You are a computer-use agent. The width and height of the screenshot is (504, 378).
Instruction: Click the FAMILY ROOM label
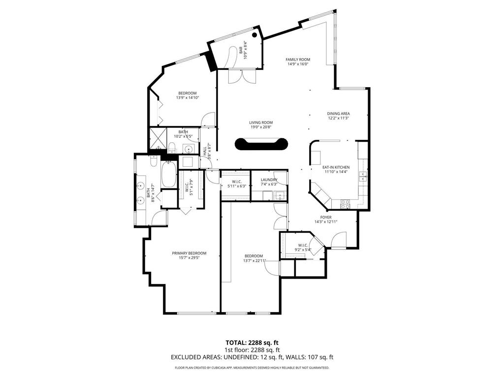(298, 60)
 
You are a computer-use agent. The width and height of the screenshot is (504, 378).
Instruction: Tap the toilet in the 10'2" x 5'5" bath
(172, 146)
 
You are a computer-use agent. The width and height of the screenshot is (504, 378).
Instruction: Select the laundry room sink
(279, 196)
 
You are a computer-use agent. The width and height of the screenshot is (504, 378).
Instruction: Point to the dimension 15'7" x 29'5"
(189, 257)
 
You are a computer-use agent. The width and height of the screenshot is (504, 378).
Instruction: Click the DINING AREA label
(338, 114)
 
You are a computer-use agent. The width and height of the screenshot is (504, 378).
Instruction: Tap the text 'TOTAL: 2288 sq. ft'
(252, 343)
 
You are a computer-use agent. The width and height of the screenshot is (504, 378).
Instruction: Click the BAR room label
(241, 50)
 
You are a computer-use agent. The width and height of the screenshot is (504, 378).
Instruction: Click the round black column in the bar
(255, 35)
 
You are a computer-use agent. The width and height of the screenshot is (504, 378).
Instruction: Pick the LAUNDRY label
(269, 180)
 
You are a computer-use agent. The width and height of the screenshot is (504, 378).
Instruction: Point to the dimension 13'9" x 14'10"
(187, 97)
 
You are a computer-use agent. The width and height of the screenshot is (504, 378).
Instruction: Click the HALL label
(205, 151)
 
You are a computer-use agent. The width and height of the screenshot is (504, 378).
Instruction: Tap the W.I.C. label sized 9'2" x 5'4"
(303, 245)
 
